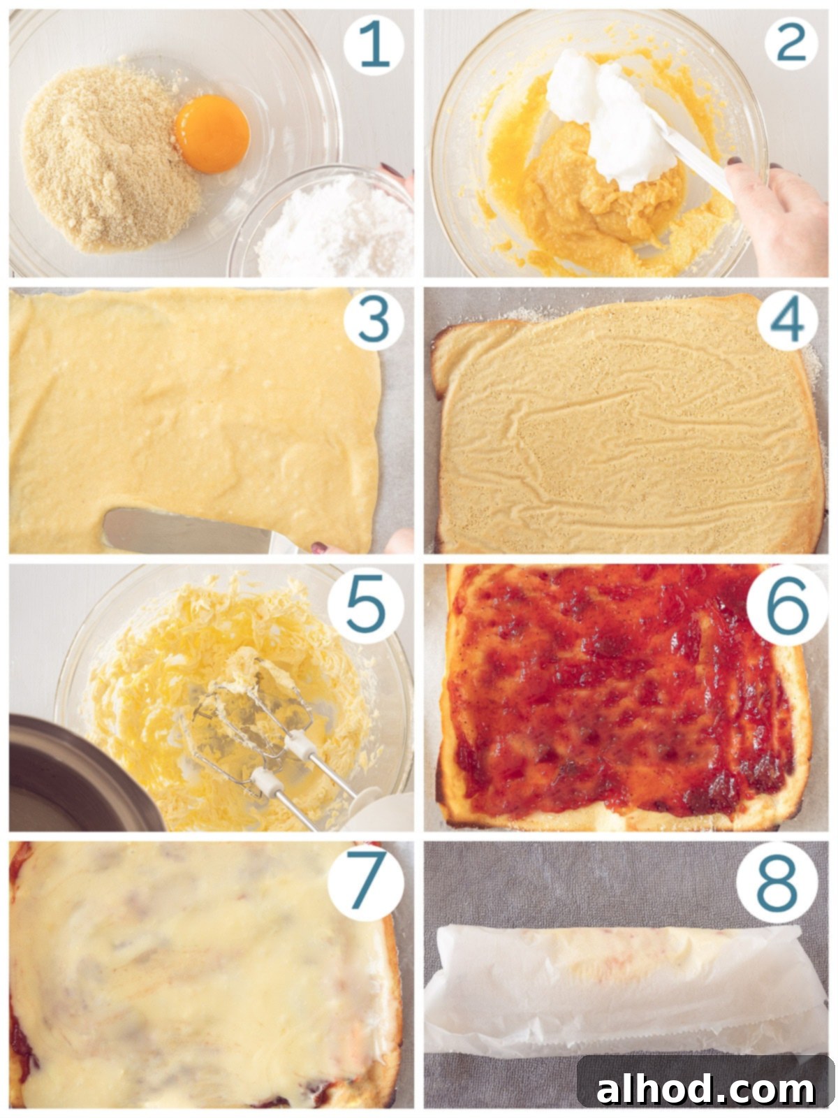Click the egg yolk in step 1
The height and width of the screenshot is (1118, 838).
212,133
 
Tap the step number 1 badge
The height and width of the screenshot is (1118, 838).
374,45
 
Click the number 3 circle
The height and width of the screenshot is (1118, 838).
374,320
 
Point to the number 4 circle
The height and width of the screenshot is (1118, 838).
787,320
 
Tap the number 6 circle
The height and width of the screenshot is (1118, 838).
787,605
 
